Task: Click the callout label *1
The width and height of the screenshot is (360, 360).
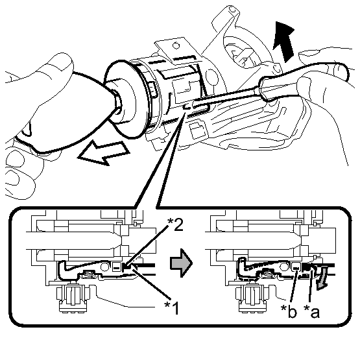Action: pos(171,307)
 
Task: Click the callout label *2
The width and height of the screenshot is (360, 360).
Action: pos(175,224)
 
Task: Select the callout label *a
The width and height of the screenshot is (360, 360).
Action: pos(311,311)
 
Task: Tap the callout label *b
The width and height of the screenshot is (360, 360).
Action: pos(289,311)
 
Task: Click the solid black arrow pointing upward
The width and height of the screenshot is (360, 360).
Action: pos(283,42)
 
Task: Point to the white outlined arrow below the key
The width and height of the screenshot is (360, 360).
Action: pos(104,152)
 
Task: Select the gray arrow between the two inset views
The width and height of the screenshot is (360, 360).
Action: pos(181,263)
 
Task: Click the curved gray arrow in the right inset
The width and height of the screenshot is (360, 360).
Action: pos(322,278)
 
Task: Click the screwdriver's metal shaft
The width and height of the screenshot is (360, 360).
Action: pos(227,97)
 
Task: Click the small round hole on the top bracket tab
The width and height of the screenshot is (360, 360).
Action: pos(176,46)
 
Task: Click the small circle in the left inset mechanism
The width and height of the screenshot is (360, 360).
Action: pos(105,267)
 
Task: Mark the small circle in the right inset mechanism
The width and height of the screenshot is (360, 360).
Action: pos(285,267)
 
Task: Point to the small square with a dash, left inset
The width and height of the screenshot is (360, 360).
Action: pos(117,267)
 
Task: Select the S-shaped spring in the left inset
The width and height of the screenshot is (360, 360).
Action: pos(88,274)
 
